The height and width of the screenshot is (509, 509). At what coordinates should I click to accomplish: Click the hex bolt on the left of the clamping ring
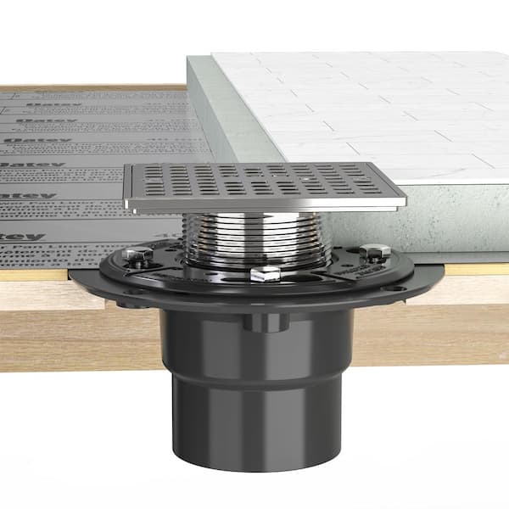pyautogui.click(x=132, y=254)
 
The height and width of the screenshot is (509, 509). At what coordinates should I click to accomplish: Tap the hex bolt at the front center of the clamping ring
pyautogui.click(x=266, y=273)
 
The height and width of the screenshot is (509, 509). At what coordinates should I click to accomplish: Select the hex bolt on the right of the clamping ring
pyautogui.click(x=374, y=252)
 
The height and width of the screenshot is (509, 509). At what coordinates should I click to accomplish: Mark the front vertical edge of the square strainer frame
pyautogui.click(x=263, y=204)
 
